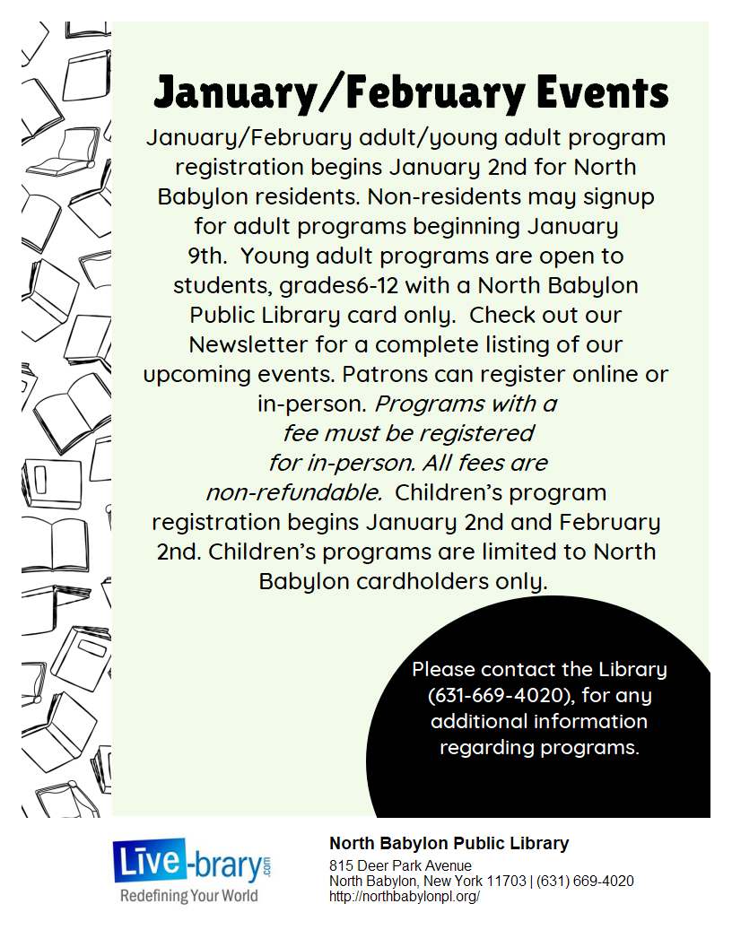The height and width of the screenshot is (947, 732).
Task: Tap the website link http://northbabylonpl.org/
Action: click(x=405, y=896)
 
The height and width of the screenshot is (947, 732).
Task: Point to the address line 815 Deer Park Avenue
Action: click(x=400, y=866)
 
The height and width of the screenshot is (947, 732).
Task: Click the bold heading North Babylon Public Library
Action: click(x=449, y=843)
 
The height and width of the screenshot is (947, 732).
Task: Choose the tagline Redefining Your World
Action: click(x=189, y=896)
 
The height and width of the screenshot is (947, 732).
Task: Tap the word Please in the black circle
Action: click(x=443, y=669)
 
